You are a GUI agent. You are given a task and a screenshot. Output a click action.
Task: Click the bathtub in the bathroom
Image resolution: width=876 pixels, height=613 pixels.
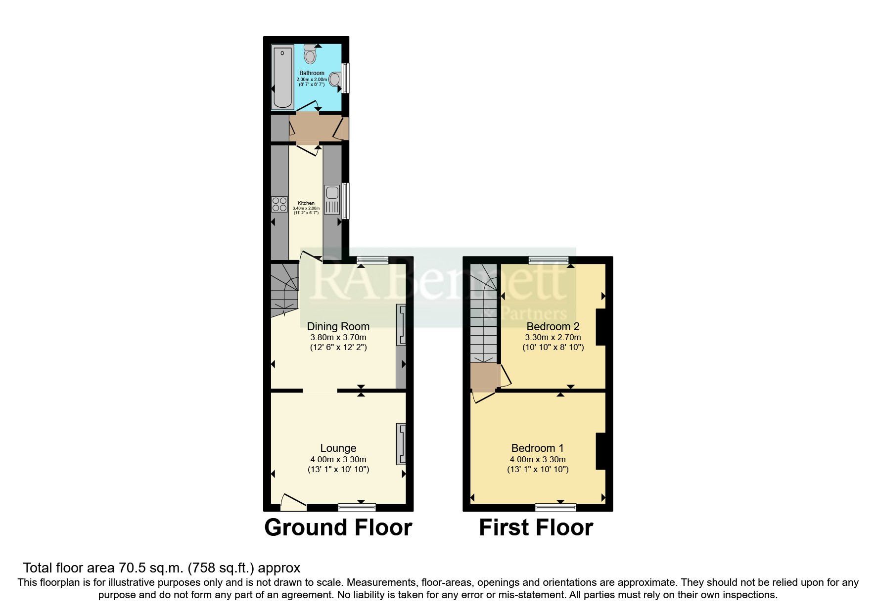click(x=283, y=77)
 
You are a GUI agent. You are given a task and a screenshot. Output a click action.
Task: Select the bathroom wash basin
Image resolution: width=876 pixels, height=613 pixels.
click(x=335, y=79)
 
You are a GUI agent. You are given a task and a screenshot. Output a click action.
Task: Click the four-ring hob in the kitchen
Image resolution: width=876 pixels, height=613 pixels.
click(x=279, y=204)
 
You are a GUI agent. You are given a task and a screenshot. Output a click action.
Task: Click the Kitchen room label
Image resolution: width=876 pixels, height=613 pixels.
click(x=306, y=203)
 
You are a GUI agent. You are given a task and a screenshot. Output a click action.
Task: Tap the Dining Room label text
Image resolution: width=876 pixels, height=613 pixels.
click(x=338, y=326)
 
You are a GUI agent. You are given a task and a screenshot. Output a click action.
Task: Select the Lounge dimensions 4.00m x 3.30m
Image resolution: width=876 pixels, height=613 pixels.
click(x=338, y=459)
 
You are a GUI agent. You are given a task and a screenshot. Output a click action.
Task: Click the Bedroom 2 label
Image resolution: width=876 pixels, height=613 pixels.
click(x=553, y=326)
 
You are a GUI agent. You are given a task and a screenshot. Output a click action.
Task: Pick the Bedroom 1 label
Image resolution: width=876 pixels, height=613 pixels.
click(x=537, y=448)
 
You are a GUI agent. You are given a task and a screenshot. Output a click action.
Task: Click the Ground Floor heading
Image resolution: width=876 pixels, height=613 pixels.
click(x=338, y=527)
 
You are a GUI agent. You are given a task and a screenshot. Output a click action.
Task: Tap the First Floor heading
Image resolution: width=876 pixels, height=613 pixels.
click(x=536, y=527)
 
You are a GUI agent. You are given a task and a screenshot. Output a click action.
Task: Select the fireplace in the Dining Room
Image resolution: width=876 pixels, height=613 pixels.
click(x=401, y=325)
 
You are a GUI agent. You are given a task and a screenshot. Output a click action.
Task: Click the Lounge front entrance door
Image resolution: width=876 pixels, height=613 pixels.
click(x=293, y=503)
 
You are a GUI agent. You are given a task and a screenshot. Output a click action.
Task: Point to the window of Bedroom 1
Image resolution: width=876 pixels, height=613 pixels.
click(x=555, y=507)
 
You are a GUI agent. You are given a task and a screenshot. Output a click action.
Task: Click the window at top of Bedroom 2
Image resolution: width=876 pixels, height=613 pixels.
click(x=549, y=260)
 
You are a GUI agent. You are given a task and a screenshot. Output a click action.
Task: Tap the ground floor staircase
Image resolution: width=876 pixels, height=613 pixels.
click(x=284, y=289)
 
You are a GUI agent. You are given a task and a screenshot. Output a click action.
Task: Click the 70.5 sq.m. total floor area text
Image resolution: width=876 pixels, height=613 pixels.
click(x=161, y=568)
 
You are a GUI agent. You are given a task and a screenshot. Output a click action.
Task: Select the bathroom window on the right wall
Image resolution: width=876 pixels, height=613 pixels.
click(x=346, y=78)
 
